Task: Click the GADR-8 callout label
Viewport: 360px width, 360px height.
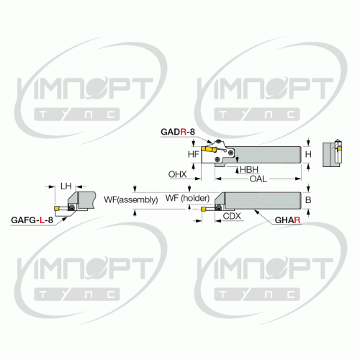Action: point(178,132)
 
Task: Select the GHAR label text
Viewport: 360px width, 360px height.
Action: point(287,220)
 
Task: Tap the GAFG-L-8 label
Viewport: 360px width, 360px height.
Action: point(32,220)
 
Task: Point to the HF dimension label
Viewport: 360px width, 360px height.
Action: point(194,154)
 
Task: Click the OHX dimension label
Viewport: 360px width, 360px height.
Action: point(177,174)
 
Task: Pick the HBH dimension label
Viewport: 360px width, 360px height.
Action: point(249,170)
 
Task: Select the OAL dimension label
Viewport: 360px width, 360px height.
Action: point(258,179)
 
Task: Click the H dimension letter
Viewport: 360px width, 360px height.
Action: point(308,154)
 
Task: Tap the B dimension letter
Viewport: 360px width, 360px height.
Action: point(308,199)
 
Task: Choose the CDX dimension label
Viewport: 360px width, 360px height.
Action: point(232,216)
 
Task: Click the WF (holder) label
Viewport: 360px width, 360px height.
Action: point(187,198)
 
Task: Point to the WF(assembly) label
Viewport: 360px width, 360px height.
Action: point(131,199)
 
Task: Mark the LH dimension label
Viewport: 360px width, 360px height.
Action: point(66,186)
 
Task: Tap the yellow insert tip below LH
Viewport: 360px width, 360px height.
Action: point(57,208)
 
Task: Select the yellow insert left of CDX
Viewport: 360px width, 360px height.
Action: point(204,210)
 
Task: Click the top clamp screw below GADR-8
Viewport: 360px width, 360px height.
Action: point(218,142)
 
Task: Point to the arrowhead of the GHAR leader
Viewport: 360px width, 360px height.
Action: point(256,211)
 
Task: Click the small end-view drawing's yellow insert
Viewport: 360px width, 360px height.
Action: point(339,149)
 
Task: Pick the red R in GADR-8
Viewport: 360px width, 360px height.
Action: point(183,132)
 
